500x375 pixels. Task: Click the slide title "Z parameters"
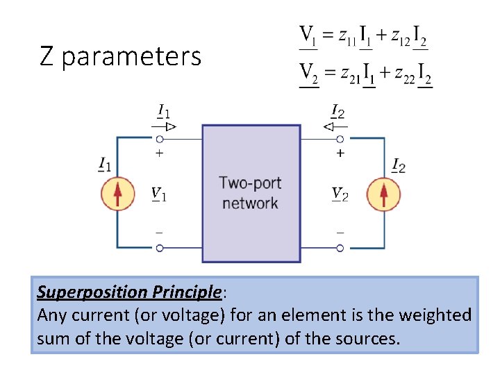[120, 56]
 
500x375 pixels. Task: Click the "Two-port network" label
[250, 193]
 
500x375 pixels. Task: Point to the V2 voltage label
[340, 193]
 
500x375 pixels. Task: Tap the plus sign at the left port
[160, 153]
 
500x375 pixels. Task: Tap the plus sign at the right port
[340, 153]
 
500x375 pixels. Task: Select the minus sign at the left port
[160, 232]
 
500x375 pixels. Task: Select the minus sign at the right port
[340, 232]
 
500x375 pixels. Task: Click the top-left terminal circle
[160, 139]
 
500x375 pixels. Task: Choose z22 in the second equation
[403, 77]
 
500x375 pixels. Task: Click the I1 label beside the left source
[106, 165]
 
